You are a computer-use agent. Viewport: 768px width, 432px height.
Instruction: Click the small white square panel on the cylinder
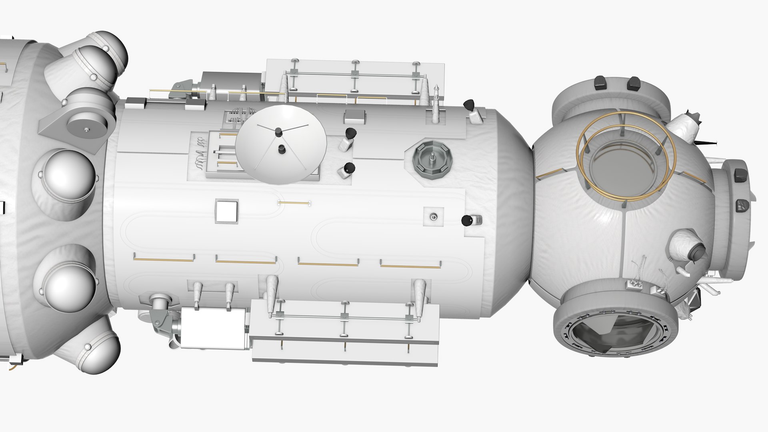[227, 211]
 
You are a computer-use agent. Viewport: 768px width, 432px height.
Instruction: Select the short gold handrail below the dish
[294, 203]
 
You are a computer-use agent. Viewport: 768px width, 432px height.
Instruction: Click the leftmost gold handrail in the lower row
[164, 259]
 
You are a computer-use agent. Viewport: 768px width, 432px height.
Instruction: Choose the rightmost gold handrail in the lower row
[411, 266]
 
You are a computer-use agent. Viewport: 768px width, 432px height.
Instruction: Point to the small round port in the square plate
[433, 217]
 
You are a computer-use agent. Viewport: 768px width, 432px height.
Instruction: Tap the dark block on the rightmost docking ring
[741, 175]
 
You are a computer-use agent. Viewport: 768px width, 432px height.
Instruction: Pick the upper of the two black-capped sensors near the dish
[350, 132]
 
